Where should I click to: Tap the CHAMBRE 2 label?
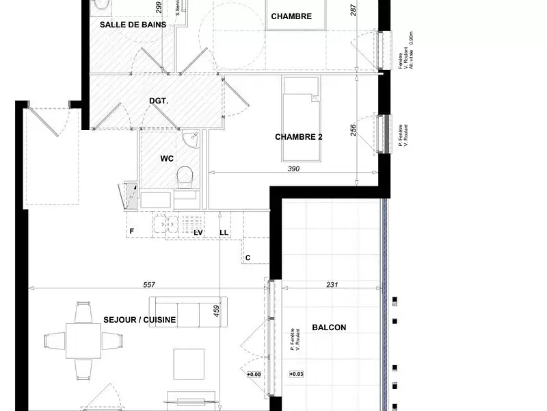pyautogui.click(x=299, y=136)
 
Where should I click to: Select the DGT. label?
pyautogui.click(x=159, y=101)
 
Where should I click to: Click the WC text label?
pyautogui.click(x=167, y=158)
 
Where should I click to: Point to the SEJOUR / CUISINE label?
pyautogui.click(x=140, y=319)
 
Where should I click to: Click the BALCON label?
pyautogui.click(x=329, y=327)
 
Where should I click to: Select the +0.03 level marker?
pyautogui.click(x=296, y=375)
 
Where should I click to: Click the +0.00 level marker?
pyautogui.click(x=254, y=375)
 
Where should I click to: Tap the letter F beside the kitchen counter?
pyautogui.click(x=131, y=232)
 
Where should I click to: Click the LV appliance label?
pyautogui.click(x=198, y=233)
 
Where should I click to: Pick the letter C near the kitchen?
pyautogui.click(x=248, y=258)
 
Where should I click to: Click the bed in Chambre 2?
pyautogui.click(x=302, y=119)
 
